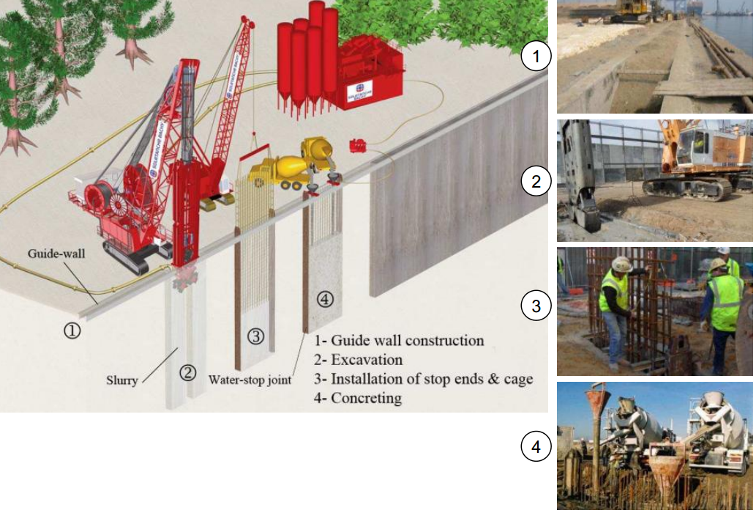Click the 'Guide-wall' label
pos(56,255)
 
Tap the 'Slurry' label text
pos(121,380)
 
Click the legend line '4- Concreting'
pos(358,398)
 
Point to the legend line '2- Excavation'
pos(358,360)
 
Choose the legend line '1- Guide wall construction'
pos(399,341)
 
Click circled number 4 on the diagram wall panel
pos(325,298)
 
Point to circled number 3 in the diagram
pos(255,336)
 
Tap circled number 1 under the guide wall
pos(71,331)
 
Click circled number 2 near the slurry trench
pos(188,372)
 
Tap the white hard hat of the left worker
pos(621,264)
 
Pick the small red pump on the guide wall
pos(358,146)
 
